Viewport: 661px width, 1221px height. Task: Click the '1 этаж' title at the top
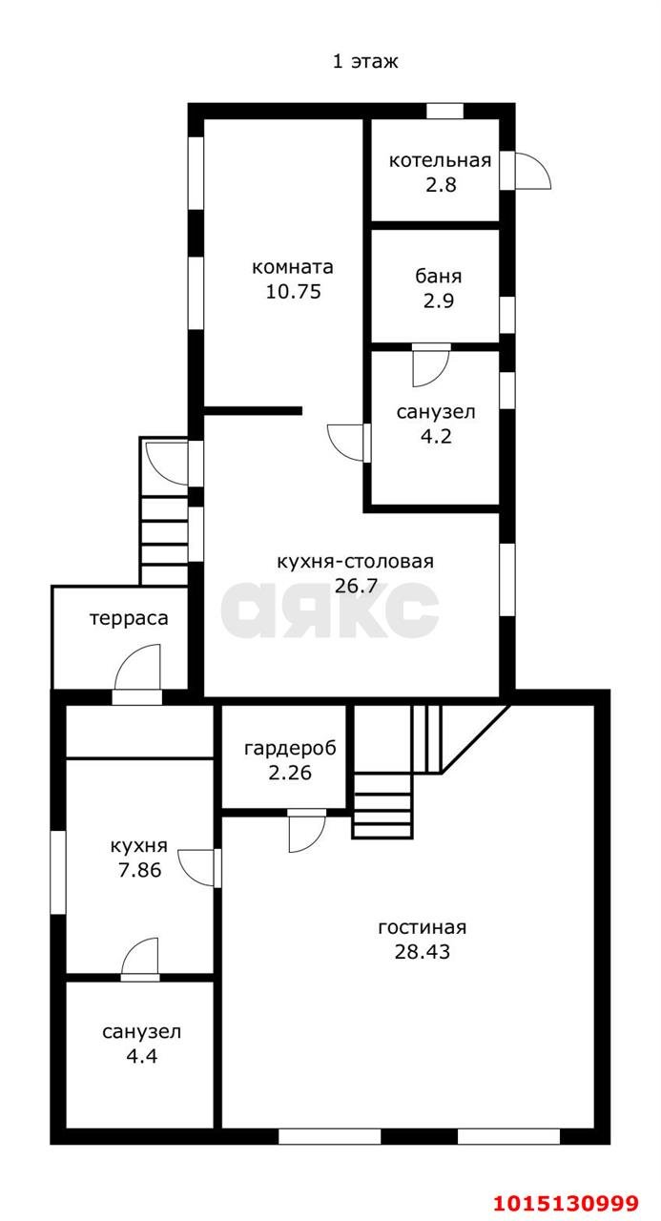pyautogui.click(x=365, y=62)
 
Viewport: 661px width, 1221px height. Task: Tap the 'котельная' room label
pyautogui.click(x=440, y=160)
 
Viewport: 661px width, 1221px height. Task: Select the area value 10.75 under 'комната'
pyautogui.click(x=293, y=292)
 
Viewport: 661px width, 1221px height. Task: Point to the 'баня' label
pyautogui.click(x=439, y=277)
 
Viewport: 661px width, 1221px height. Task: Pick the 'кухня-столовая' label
pyautogui.click(x=355, y=562)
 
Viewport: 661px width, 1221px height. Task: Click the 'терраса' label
pyautogui.click(x=129, y=618)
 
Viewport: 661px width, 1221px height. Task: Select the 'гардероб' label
pyautogui.click(x=284, y=748)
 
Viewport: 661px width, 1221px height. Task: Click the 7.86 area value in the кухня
pyautogui.click(x=138, y=870)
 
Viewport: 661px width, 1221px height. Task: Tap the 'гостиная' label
pyautogui.click(x=422, y=927)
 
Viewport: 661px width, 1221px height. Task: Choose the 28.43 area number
pyautogui.click(x=422, y=951)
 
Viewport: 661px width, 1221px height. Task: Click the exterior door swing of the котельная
pyautogui.click(x=531, y=171)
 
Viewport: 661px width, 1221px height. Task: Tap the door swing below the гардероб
pyautogui.click(x=306, y=832)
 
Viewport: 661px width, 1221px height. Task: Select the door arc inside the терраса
pyautogui.click(x=138, y=668)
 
